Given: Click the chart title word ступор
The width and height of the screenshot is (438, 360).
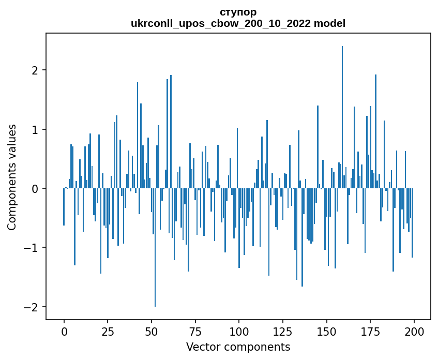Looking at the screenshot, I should (238, 12).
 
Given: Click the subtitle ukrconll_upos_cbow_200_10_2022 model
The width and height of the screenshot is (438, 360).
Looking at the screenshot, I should (238, 23).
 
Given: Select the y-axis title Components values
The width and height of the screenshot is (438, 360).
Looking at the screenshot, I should (12, 177).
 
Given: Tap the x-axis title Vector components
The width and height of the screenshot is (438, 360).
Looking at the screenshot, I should (238, 347).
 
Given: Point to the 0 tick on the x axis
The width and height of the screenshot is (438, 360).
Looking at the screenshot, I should (64, 331).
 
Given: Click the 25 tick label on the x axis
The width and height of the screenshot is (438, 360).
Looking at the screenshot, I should (108, 331).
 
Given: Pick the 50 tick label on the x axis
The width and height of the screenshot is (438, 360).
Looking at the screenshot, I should (152, 331).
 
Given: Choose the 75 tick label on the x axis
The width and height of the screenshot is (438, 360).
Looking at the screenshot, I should (195, 331).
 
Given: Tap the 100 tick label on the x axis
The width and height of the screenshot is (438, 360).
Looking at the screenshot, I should (239, 331).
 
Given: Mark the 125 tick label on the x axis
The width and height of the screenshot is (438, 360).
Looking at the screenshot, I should (283, 331).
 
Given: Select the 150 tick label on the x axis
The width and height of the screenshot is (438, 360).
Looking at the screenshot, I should (326, 331).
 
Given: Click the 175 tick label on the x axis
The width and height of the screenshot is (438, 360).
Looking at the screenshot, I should (370, 331).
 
